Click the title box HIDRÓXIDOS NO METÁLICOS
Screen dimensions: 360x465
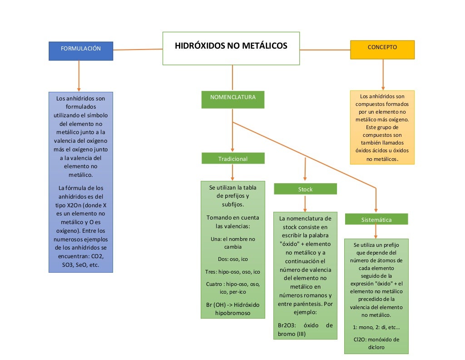coord(231,48)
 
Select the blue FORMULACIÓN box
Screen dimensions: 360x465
coord(81,50)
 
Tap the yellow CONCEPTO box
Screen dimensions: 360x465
coord(382,50)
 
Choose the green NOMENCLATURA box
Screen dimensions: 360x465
coord(232,100)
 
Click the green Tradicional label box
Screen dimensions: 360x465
coord(232,159)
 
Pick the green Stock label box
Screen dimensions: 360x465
coord(305,189)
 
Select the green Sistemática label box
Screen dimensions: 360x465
coord(376,219)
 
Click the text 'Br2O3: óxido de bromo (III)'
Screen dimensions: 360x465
coord(305,330)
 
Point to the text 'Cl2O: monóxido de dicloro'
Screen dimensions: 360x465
coord(376,343)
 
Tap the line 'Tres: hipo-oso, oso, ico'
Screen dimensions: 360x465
coord(232,272)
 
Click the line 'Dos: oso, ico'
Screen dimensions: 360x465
coord(232,259)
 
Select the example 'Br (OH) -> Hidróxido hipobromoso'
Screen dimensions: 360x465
coord(232,309)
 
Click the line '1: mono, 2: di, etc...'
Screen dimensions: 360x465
coord(376,327)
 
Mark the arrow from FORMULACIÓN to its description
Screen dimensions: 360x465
coord(79,75)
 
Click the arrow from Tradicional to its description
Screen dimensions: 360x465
coord(232,172)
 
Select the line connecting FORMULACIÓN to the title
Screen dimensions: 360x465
coord(138,49)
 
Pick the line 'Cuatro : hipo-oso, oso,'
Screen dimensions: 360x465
coord(232,284)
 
